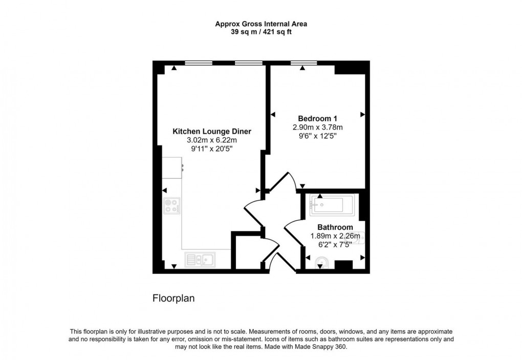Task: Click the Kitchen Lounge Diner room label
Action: (x=212, y=131)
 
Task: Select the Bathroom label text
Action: (x=335, y=227)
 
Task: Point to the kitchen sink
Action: (x=200, y=260)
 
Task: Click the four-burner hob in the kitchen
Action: (x=172, y=206)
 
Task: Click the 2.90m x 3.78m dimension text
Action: (x=317, y=127)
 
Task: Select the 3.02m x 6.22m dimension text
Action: (x=212, y=140)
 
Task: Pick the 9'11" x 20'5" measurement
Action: (x=212, y=149)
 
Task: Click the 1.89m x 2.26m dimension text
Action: (x=335, y=236)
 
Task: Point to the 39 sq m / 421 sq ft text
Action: (x=260, y=32)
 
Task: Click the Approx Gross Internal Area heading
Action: (x=260, y=24)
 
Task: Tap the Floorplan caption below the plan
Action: (x=173, y=298)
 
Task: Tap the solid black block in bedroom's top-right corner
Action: (x=351, y=67)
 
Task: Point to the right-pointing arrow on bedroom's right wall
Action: (x=362, y=114)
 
